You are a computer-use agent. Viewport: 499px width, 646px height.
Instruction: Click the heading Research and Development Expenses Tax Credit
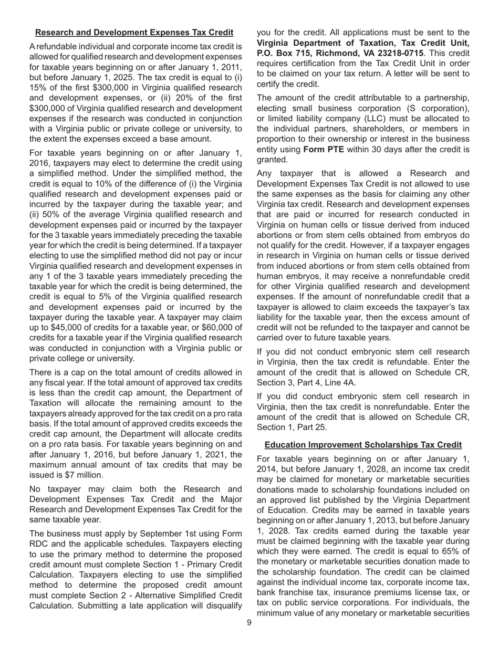click(x=134, y=33)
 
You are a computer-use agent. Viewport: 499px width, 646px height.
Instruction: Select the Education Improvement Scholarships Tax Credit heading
click(x=363, y=445)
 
